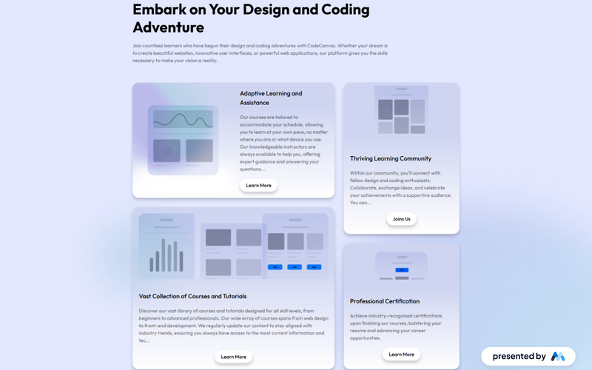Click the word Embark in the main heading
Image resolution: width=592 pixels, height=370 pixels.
point(158,10)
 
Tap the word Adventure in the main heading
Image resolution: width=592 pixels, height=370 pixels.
point(169,27)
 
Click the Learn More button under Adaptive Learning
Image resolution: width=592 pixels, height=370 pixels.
point(258,185)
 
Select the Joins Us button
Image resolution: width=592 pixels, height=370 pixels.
point(401,219)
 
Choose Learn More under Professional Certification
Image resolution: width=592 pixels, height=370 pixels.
point(401,354)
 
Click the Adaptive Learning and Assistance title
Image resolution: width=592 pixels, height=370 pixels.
point(271,98)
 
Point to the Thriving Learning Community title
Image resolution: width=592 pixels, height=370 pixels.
point(391,158)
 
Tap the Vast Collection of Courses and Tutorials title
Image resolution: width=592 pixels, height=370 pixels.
point(192,296)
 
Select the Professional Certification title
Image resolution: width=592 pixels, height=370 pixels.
point(385,301)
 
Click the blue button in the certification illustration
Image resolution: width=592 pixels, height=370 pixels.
point(402,269)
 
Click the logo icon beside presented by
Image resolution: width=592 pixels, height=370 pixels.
point(558,356)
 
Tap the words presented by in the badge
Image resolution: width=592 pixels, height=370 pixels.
point(519,356)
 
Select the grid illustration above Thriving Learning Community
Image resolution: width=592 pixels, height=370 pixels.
point(401,110)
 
